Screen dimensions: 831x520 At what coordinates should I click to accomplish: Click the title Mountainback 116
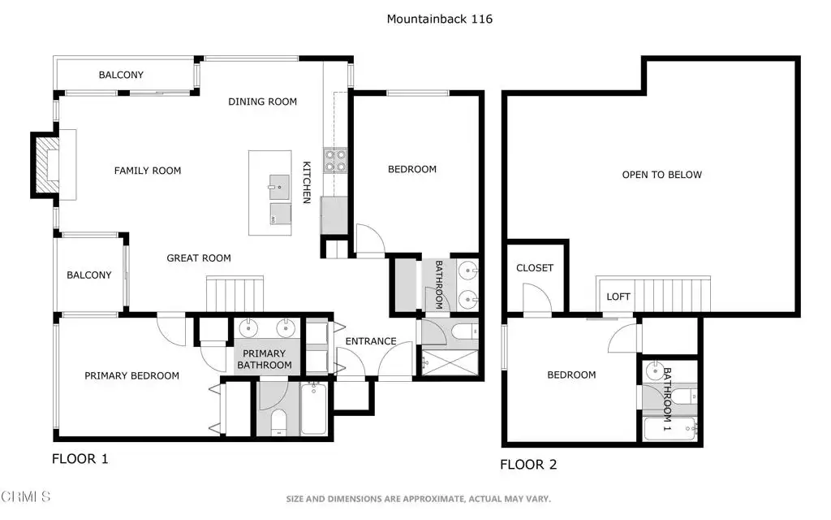[x=439, y=19]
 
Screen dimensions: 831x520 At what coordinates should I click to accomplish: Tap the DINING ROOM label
[x=262, y=102]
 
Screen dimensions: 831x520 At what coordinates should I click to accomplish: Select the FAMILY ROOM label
[x=148, y=171]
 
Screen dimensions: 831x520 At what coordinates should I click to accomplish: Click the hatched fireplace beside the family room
[x=45, y=164]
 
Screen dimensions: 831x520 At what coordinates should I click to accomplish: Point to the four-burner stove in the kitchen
[x=335, y=161]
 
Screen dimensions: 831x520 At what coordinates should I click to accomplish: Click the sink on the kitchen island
[x=279, y=187]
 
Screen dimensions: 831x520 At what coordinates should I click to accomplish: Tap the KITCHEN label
[x=306, y=182]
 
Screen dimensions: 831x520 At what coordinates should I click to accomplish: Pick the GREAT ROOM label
[x=199, y=258]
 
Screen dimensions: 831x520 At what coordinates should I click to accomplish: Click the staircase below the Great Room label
[x=235, y=294]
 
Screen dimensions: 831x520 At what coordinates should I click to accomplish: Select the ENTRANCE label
[x=371, y=341]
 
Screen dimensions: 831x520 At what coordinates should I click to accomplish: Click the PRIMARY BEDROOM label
[x=132, y=375]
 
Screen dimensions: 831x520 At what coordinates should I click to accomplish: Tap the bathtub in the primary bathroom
[x=314, y=409]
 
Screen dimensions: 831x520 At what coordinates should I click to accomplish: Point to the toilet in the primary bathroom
[x=278, y=422]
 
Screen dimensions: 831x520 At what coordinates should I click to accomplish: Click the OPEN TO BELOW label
[x=662, y=175]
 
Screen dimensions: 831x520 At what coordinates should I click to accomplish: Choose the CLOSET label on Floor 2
[x=535, y=268]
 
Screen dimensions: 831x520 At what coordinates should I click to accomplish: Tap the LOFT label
[x=618, y=297]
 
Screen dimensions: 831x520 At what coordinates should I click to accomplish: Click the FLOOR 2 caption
[x=528, y=465]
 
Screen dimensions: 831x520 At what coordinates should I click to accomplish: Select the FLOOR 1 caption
[x=80, y=459]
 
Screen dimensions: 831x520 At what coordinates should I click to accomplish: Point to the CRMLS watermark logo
[x=25, y=496]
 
